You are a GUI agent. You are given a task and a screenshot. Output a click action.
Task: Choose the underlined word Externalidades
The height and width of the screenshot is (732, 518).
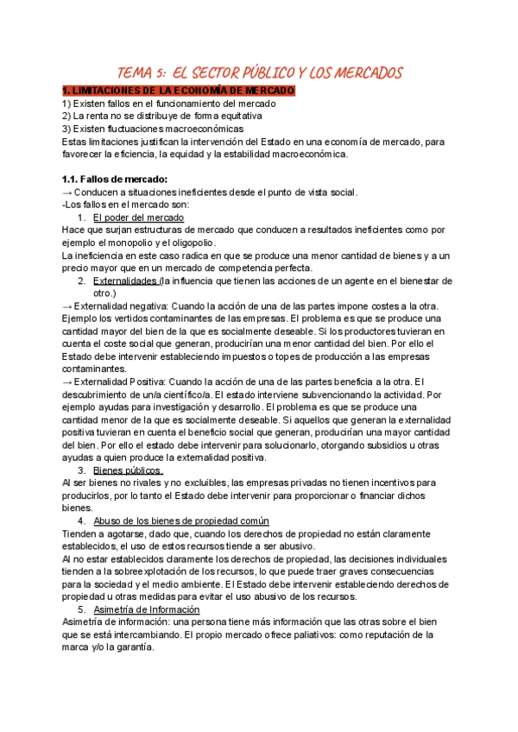coord(125,281)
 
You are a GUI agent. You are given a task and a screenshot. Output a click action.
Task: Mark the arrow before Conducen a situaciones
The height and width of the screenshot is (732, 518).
coord(68,192)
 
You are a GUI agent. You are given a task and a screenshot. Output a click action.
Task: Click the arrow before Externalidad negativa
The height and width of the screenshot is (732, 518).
coord(68,306)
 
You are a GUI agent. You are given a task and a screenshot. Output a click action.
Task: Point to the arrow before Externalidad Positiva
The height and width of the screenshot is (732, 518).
coord(68,382)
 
